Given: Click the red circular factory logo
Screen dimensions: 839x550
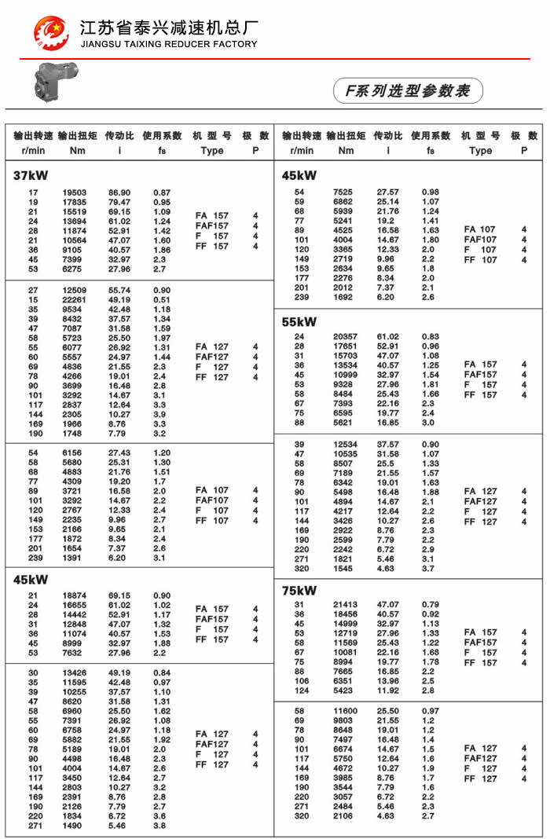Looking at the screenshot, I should (51, 32).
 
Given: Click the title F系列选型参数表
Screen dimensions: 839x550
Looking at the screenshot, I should (408, 91).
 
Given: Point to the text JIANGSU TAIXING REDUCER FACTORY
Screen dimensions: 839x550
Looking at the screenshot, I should (169, 44).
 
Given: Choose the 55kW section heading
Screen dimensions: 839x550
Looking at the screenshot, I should (299, 321).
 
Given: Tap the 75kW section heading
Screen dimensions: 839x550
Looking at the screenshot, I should (299, 590).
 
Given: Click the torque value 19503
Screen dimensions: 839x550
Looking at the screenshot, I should (75, 192).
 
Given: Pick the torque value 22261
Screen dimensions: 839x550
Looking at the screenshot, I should (75, 299).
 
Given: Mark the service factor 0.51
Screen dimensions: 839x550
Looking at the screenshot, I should (162, 299).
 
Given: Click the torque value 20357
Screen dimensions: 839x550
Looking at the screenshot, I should (343, 337).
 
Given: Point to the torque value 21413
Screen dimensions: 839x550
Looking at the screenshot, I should (343, 604).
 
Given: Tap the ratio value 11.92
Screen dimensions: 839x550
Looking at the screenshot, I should (388, 691).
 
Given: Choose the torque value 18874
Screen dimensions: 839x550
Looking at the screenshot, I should (75, 595).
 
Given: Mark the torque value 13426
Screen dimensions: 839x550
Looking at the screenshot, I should (75, 672).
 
